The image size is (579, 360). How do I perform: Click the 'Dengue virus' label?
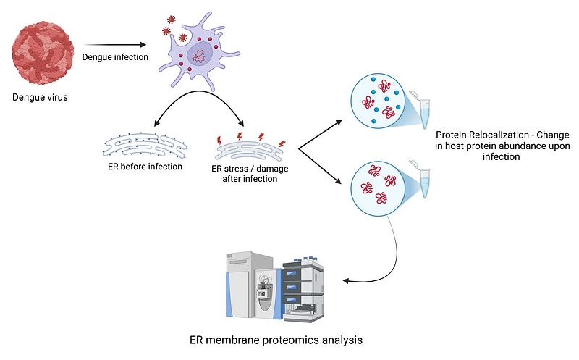click(41, 98)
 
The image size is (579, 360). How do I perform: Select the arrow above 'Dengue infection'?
click(115, 45)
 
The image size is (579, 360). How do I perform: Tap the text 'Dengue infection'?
click(115, 57)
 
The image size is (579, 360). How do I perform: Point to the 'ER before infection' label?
click(145, 167)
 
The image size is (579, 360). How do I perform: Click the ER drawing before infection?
click(145, 146)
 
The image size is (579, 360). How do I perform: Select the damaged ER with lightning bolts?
click(251, 147)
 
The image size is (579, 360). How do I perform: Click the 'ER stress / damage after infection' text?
click(250, 174)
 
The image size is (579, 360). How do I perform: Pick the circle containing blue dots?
click(378, 101)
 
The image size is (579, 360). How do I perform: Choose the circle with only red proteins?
click(378, 188)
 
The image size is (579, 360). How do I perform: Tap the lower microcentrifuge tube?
click(421, 179)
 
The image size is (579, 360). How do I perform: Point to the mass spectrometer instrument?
click(275, 287)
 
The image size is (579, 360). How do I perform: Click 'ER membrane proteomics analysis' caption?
click(276, 340)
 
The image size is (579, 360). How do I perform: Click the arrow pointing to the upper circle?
click(320, 135)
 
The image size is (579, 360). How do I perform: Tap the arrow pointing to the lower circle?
click(319, 167)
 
